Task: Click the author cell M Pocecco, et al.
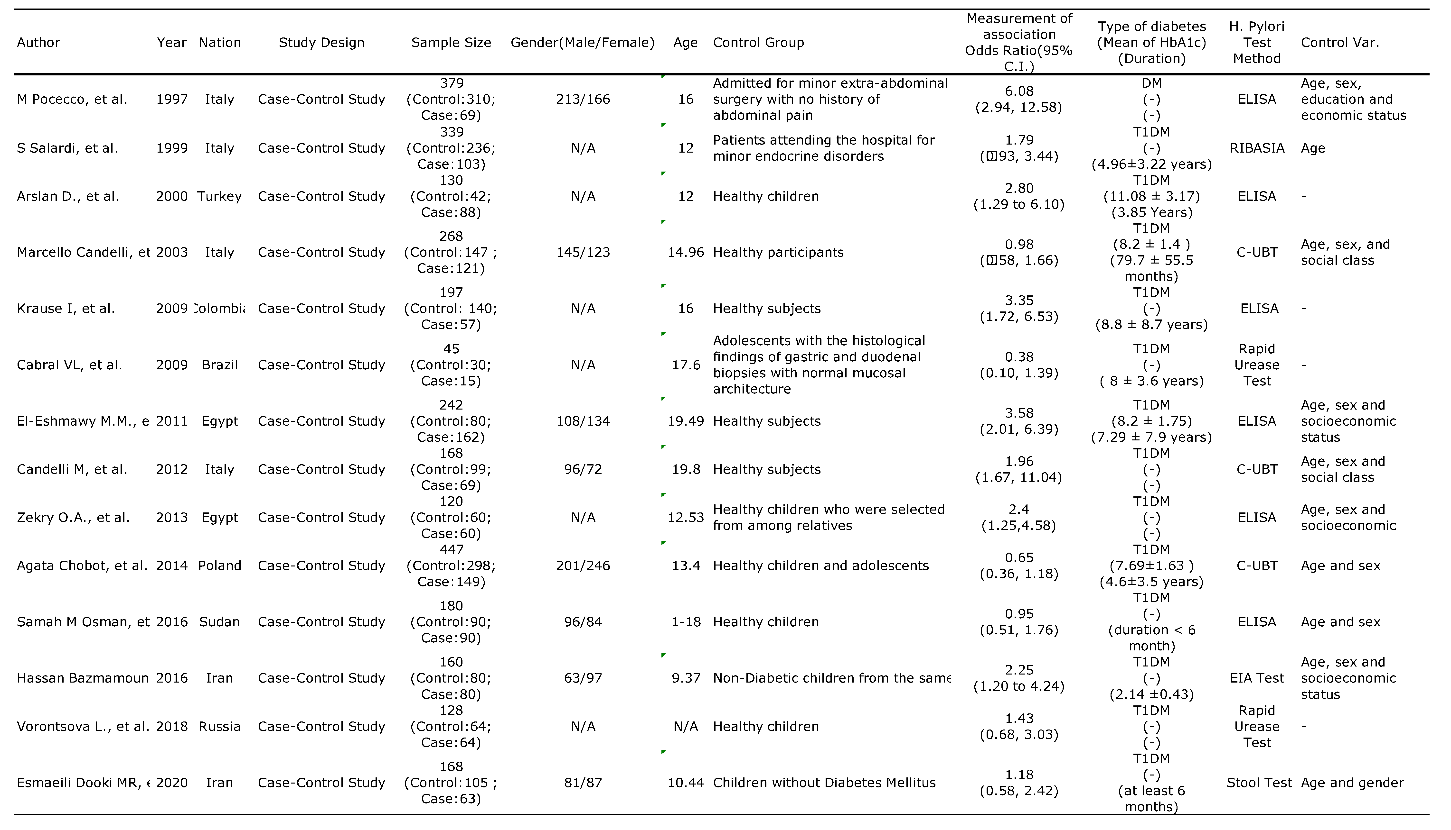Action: (72, 99)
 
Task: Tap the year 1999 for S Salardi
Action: (172, 148)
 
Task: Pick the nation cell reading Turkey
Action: (220, 196)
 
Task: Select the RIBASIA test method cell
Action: (1256, 148)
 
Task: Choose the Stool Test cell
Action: (1259, 783)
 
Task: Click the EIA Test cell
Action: (1256, 678)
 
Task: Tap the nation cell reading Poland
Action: (220, 565)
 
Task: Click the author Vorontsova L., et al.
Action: (83, 726)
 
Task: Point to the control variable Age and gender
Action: (1352, 783)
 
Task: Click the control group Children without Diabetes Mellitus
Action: (824, 783)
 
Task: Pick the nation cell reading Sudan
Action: (220, 622)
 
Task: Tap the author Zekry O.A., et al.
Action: (73, 518)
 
